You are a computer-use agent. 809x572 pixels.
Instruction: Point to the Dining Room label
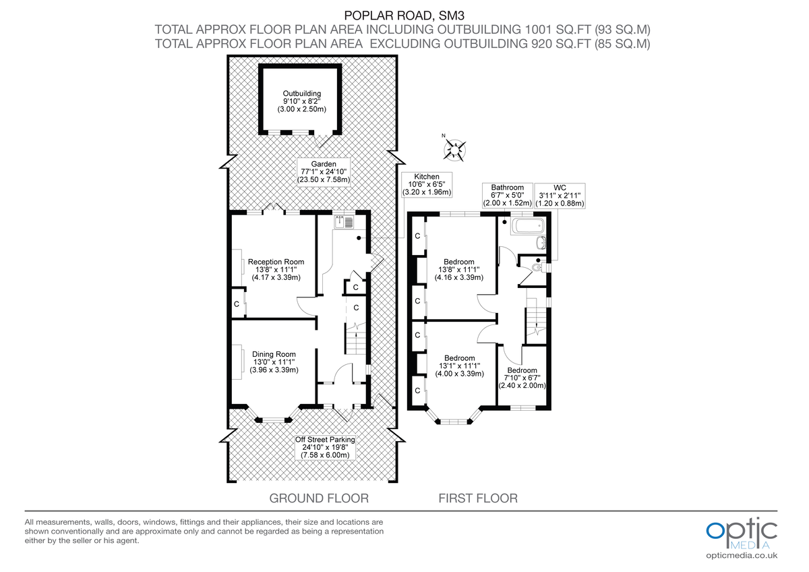click(274, 362)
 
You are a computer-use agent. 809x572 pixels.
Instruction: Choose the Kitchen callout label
click(426, 183)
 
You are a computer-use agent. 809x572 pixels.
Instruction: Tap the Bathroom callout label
click(507, 195)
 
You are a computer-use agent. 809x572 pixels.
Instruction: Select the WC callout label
click(560, 195)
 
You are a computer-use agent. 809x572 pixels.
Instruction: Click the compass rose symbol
click(456, 148)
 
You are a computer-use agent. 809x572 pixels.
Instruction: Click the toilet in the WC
click(537, 267)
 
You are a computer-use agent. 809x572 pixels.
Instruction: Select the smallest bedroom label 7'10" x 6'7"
click(522, 378)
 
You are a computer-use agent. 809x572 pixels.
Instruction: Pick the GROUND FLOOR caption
click(319, 498)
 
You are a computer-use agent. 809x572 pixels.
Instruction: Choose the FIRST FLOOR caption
click(478, 498)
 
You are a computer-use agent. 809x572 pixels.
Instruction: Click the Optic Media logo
click(741, 532)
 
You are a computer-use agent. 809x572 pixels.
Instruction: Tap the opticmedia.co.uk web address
click(742, 555)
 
